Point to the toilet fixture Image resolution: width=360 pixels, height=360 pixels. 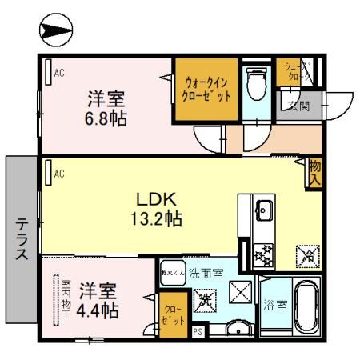point(256,84)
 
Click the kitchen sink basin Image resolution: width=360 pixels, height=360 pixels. point(262,212)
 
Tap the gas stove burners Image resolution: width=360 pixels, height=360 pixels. point(262,255)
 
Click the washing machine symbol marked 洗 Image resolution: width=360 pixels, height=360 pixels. point(205,301)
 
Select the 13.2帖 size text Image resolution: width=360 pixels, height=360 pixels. point(155,218)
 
